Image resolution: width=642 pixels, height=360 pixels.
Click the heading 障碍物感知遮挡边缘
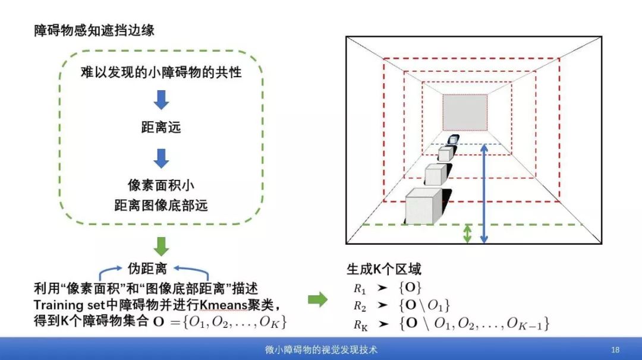tap(94, 30)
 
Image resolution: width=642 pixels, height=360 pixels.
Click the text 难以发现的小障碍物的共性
tap(161, 72)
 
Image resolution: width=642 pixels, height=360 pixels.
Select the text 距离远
tap(160, 127)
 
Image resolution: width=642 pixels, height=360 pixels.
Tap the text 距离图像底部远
tap(160, 206)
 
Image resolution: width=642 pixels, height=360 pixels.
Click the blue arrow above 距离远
tap(161, 100)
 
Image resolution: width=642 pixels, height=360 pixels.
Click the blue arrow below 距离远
tap(161, 157)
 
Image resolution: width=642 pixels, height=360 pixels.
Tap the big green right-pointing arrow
tap(318, 300)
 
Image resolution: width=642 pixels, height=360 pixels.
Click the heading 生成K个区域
tap(383, 269)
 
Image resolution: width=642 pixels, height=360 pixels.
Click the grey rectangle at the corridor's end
tap(465, 112)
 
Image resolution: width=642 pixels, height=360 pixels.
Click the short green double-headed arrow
tap(467, 233)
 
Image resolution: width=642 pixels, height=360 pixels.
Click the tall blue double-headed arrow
tap(484, 193)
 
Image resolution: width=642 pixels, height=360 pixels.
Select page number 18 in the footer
tap(615, 349)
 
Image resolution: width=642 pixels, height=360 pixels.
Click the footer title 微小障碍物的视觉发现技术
tap(321, 349)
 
